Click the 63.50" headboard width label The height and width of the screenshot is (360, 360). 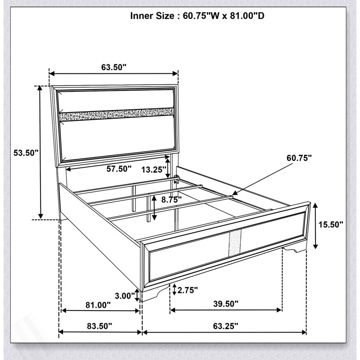(114, 67)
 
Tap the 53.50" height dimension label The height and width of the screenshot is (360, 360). (26, 153)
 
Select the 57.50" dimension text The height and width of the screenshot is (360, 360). (119, 169)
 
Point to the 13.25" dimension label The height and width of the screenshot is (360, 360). (153, 170)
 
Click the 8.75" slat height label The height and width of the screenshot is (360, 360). (171, 200)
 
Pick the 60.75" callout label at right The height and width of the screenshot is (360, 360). (299, 158)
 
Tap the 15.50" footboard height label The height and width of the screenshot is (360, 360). (331, 225)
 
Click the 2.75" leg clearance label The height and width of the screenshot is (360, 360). (188, 290)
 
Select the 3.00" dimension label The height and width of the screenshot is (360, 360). (125, 296)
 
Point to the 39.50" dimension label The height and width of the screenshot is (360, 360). (226, 304)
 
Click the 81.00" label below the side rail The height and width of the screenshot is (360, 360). (98, 305)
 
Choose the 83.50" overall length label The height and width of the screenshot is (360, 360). (99, 326)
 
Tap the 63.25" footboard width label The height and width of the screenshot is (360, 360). (226, 326)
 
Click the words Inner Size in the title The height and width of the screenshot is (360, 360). (152, 16)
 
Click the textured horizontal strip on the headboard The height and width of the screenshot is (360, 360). (117, 114)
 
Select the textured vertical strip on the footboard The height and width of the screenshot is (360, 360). (235, 243)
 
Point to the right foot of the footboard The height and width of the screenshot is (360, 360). (295, 249)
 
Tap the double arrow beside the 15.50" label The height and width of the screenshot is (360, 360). (316, 226)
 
